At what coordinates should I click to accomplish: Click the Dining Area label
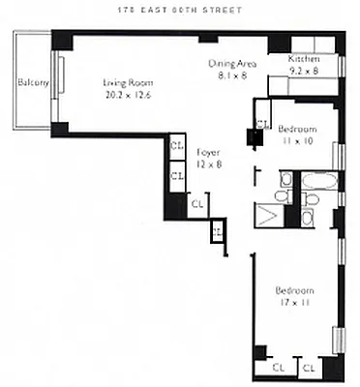230,63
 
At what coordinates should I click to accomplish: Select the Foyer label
206,153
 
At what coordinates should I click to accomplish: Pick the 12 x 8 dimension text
206,164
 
